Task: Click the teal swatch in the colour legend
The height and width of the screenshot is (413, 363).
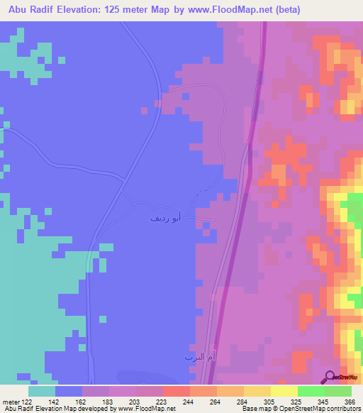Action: (42, 391)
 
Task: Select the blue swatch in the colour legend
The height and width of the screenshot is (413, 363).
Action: (69, 391)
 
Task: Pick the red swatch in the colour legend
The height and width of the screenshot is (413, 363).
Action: (177, 391)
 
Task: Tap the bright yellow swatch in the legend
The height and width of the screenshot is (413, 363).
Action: (284, 391)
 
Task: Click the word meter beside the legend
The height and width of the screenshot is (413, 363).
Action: (11, 401)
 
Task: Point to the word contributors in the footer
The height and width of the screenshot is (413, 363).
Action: (340, 409)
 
